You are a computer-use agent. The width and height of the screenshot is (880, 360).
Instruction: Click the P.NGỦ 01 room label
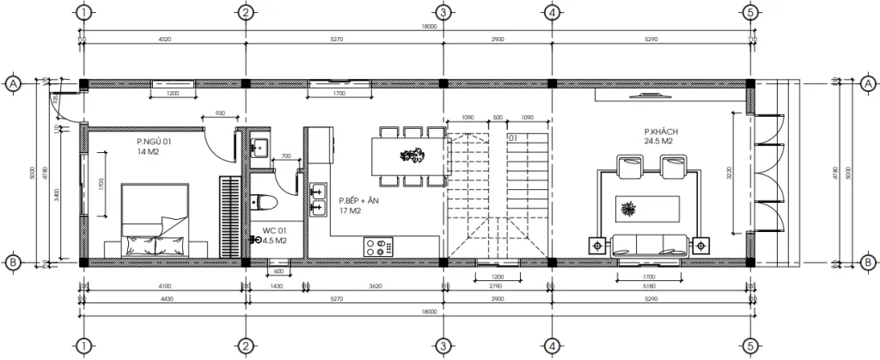[x=154, y=141]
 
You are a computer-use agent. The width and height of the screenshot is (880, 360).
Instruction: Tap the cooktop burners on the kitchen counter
[x=376, y=247]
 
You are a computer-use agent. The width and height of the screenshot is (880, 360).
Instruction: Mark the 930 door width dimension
[x=219, y=113]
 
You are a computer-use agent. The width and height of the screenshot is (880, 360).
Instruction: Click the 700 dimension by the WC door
[x=285, y=156]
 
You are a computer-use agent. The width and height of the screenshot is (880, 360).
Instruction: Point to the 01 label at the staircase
[x=512, y=137]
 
